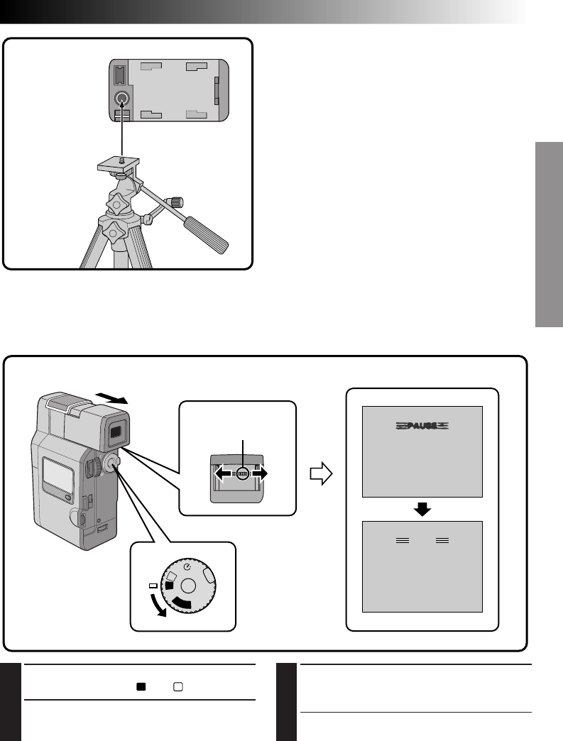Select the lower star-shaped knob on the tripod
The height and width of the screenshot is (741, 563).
pos(114,231)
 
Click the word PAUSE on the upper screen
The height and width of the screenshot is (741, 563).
pos(422,426)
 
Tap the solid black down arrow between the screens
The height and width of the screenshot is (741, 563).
pos(422,509)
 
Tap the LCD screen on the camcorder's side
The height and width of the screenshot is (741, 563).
pos(58,473)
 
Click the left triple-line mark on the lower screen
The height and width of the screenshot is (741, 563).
pos(403,540)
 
